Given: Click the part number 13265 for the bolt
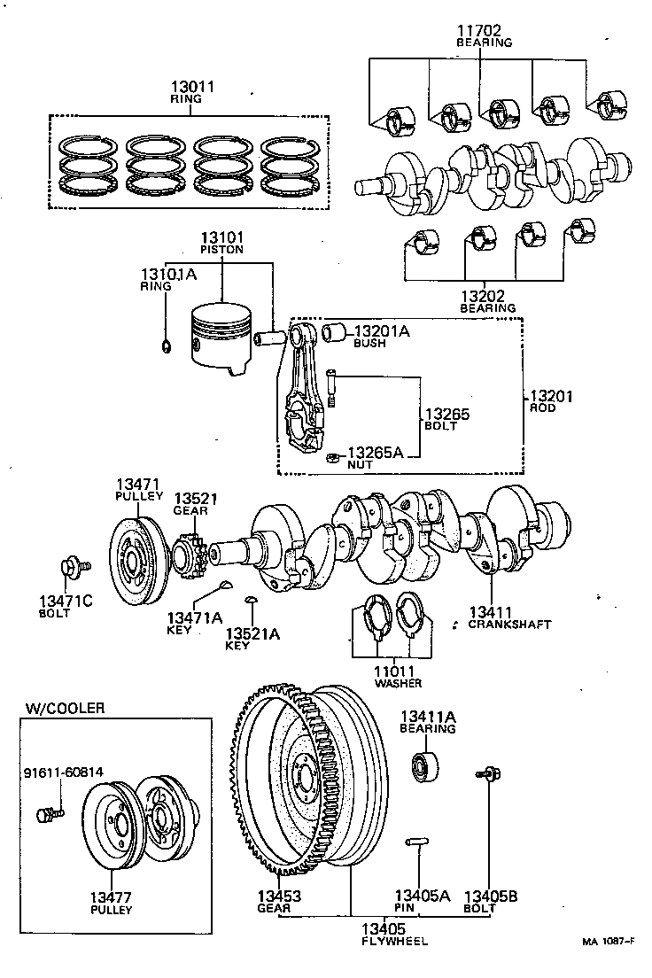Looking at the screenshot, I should click(x=446, y=414).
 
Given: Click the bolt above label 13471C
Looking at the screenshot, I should click(x=69, y=567).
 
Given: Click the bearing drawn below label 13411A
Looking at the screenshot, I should click(x=427, y=765).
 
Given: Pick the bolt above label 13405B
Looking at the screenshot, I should click(x=487, y=775).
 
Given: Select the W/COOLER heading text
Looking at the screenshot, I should click(x=65, y=708).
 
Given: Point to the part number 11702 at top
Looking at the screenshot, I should click(x=484, y=29).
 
